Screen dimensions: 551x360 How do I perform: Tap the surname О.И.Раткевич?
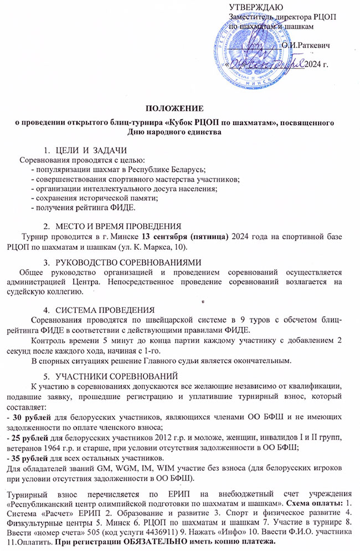(306, 45)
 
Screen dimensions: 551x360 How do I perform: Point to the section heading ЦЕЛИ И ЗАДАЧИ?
(92, 150)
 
